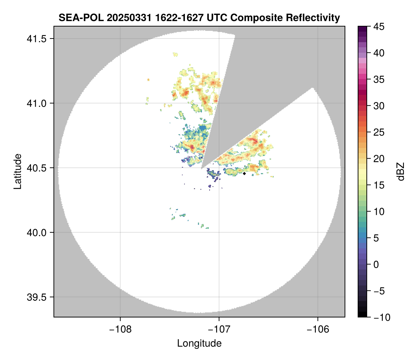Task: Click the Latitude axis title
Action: (17, 171)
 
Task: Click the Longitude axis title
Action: (199, 343)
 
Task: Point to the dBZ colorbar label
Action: (401, 171)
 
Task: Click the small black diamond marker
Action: (244, 173)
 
